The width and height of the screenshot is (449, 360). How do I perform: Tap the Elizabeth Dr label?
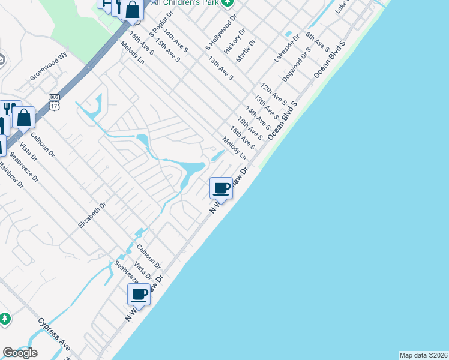92,215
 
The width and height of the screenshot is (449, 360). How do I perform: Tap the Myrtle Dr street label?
246,50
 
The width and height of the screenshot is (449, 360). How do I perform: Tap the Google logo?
20,352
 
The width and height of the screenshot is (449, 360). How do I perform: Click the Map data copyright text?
423,355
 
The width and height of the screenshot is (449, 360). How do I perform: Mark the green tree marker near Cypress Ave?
5,319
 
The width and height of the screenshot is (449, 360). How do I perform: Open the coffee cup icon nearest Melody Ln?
221,188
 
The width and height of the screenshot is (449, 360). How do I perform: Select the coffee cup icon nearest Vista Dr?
139,294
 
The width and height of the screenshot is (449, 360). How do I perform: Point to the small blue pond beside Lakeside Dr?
289,33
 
